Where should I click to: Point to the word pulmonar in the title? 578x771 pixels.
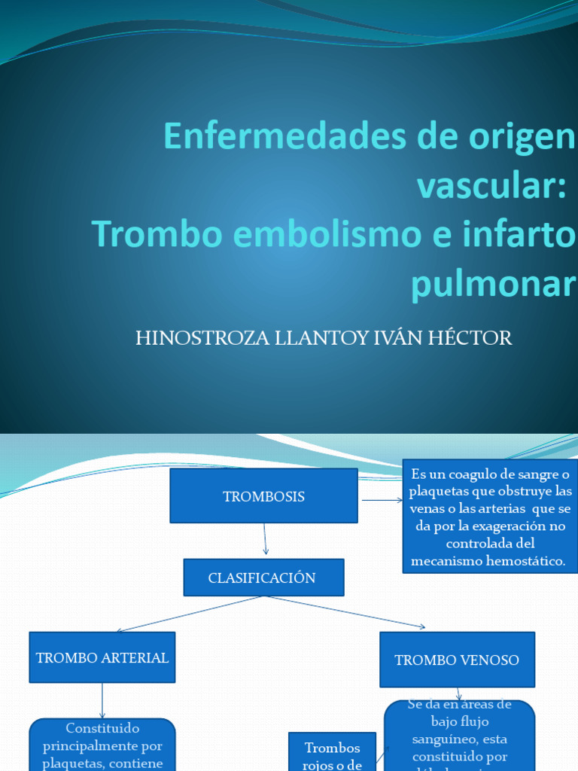(492, 283)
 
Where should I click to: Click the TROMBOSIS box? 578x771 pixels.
(263, 496)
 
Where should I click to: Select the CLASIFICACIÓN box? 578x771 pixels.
(263, 577)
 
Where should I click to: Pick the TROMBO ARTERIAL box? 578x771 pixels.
(102, 657)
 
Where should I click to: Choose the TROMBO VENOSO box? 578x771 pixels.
(457, 660)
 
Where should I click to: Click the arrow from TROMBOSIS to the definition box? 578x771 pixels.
(382, 499)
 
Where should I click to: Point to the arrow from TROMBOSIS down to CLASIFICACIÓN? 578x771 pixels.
(265, 541)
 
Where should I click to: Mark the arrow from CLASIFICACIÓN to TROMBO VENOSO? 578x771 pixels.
(346, 611)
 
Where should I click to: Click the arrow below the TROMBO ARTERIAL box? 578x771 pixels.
(102, 700)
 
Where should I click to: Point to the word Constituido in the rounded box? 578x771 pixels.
(102, 729)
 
